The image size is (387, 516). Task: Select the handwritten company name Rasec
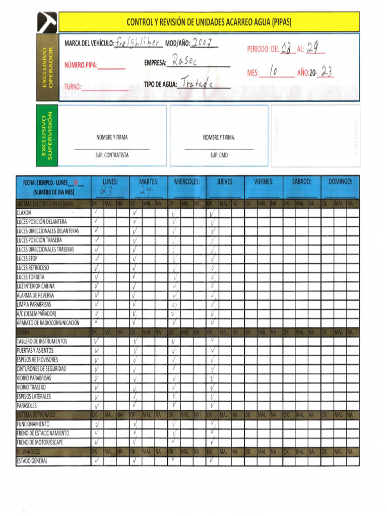pos(185,61)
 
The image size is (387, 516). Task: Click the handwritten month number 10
pos(275,72)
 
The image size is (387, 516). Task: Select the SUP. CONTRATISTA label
pos(112,155)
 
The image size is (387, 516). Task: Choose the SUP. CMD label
pos(219,155)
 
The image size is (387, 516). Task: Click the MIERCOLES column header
pos(187,182)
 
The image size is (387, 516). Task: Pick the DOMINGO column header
pos(340,182)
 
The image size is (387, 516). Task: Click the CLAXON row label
pos(24,213)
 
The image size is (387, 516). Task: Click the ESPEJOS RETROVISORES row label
pos(37,360)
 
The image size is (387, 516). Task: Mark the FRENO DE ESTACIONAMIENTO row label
pos(43,433)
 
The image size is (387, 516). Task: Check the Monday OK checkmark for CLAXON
pos(96,213)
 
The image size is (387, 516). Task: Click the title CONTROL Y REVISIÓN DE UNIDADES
pos(209,22)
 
